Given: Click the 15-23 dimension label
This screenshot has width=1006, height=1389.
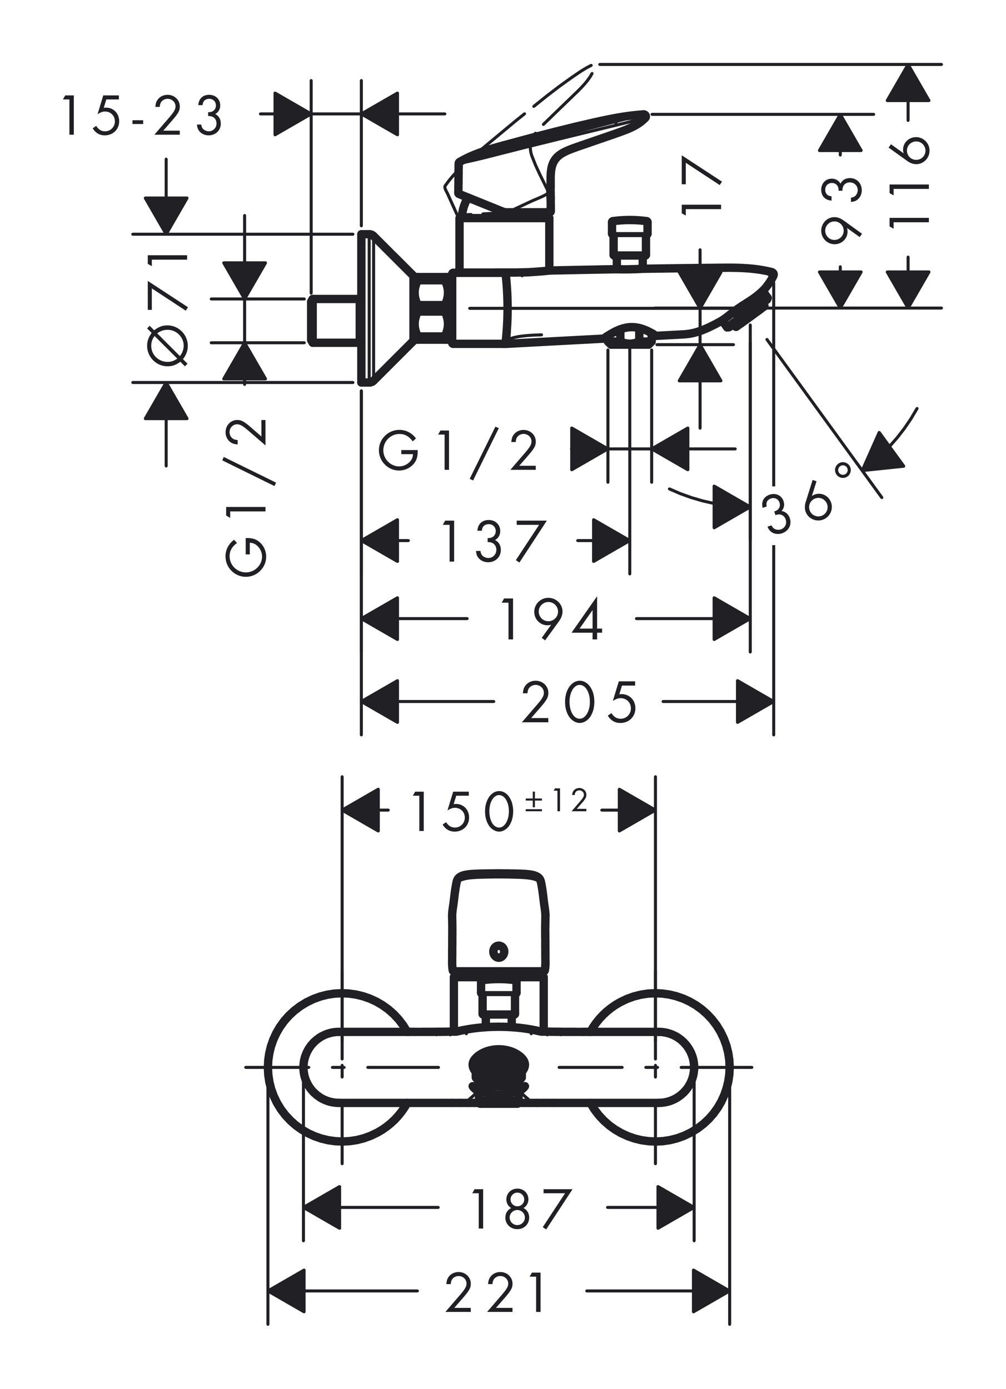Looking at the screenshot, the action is click(x=142, y=115).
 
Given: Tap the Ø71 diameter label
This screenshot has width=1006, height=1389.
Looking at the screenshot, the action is click(x=167, y=309).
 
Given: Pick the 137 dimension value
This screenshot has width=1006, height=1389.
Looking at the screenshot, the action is click(x=492, y=540).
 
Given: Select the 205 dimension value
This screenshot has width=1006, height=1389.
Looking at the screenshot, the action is click(x=579, y=702).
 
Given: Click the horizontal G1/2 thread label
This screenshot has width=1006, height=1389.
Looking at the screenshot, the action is click(x=459, y=452).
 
